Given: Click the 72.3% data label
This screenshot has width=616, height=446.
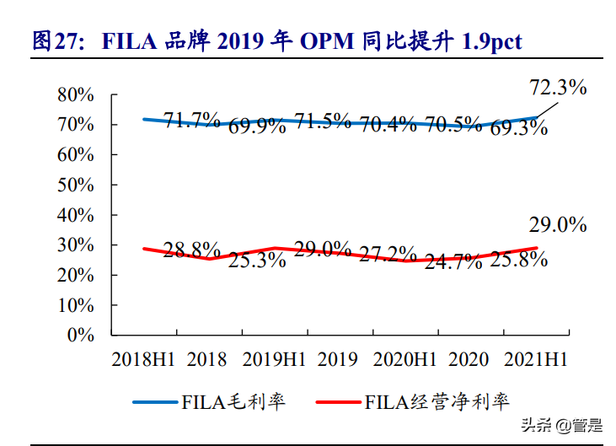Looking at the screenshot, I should coord(558,87).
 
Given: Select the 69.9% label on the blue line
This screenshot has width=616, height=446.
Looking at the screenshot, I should coord(258,127).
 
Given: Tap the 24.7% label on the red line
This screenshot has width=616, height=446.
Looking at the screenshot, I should coord(453,261).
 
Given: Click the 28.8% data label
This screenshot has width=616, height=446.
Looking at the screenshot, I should coord(192,250).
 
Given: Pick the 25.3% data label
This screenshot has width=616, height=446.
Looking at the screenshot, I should coord(258,261).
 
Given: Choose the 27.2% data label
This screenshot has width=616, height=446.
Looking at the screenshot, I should coord(388,253).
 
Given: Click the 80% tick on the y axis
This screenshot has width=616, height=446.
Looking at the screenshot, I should coord(75,95).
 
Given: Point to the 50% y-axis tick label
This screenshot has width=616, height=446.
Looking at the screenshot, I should coord(75,185).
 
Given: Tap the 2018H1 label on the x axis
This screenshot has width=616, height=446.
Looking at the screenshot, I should coord(143,360).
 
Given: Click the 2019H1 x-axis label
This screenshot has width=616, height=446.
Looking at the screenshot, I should coord(274,360).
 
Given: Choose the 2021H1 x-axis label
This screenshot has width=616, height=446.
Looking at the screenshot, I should coord(536,360).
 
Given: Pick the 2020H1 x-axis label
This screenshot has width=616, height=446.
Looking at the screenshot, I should coord(405,360).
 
